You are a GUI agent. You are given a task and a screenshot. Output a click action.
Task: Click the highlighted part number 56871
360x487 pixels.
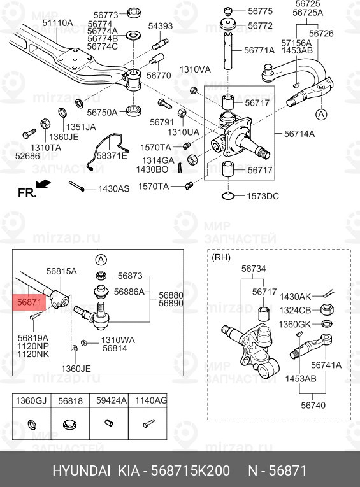coord(29,302)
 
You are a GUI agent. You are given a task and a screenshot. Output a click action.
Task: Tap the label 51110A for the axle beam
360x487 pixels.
coord(57,23)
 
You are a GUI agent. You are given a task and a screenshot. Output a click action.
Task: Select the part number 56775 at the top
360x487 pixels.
coord(260,11)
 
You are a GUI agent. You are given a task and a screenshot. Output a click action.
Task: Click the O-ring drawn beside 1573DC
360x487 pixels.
coord(229,195)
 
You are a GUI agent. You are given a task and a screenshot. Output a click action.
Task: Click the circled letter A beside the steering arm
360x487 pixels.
coord(321,115)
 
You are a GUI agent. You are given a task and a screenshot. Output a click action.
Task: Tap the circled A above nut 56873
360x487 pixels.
coord(101,260)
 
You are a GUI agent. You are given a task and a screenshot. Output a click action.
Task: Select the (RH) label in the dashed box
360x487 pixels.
coord(220,257)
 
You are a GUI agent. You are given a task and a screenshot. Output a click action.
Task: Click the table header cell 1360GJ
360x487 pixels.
coord(31,400)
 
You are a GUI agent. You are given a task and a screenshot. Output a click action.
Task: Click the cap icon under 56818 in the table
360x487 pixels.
coord(70,423)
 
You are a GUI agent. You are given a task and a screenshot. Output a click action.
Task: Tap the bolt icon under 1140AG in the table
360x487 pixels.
coord(148,423)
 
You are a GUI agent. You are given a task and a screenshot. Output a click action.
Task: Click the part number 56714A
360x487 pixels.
coord(299,134)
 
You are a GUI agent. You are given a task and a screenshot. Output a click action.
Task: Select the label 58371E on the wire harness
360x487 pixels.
coord(112,155)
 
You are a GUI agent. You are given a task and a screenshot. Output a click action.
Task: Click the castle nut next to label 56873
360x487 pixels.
coord(101,274)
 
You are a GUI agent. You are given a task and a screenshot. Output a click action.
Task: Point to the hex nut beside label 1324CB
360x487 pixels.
coord(327,309)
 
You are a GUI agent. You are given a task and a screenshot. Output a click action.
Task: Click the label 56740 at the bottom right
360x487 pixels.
coord(313,405)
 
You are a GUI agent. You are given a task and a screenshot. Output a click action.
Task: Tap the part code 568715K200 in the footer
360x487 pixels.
coord(191,470)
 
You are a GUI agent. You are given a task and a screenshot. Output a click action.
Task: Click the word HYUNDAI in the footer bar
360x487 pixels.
coord(82,470)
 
